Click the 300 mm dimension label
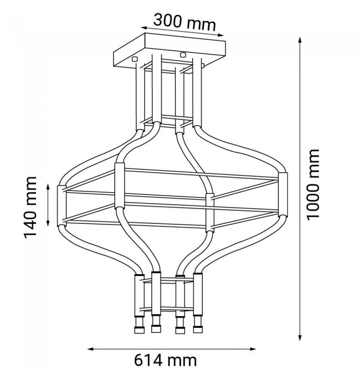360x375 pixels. tap(184, 22)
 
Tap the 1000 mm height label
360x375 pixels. tap(313, 184)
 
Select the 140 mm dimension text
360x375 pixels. tap(30, 207)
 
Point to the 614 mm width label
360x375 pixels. tap(165, 360)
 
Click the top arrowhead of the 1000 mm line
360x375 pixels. tap(300, 40)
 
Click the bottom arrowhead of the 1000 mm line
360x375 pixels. tap(300, 337)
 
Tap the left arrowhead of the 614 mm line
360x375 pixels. tap(91, 349)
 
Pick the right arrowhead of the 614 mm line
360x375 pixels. tap(253, 349)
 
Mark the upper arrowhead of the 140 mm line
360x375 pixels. tap(48, 187)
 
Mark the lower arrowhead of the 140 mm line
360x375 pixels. tap(48, 223)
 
